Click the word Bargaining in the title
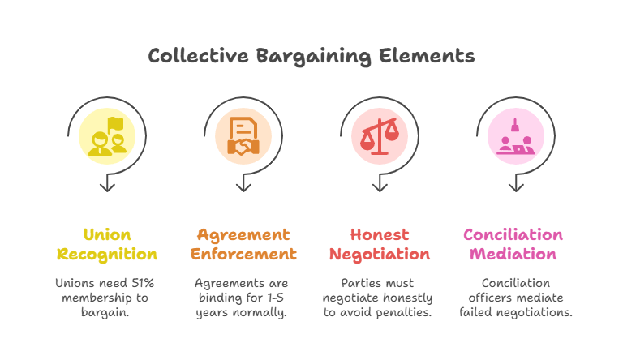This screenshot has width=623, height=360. click(x=314, y=57)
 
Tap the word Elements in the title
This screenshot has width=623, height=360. click(x=427, y=56)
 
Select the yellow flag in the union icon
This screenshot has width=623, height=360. click(x=116, y=124)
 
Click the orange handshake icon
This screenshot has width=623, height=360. click(x=243, y=136)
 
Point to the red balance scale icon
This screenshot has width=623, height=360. click(x=380, y=136)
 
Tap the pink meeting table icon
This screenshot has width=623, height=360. click(x=516, y=136)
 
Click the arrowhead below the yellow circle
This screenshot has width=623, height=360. click(x=107, y=186)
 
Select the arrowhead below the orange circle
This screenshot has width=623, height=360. click(x=243, y=186)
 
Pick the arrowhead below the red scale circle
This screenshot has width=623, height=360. click(x=380, y=186)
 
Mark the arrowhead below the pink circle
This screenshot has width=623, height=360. click(x=516, y=186)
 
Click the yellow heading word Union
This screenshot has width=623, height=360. click(x=107, y=234)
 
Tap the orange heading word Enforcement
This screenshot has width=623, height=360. click(x=243, y=254)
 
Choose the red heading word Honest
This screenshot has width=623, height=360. click(x=380, y=234)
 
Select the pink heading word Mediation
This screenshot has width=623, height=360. click(x=513, y=254)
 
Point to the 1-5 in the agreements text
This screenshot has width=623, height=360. click(x=275, y=298)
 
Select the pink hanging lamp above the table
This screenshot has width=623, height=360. click(x=515, y=125)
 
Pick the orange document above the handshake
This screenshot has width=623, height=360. click(x=243, y=128)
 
